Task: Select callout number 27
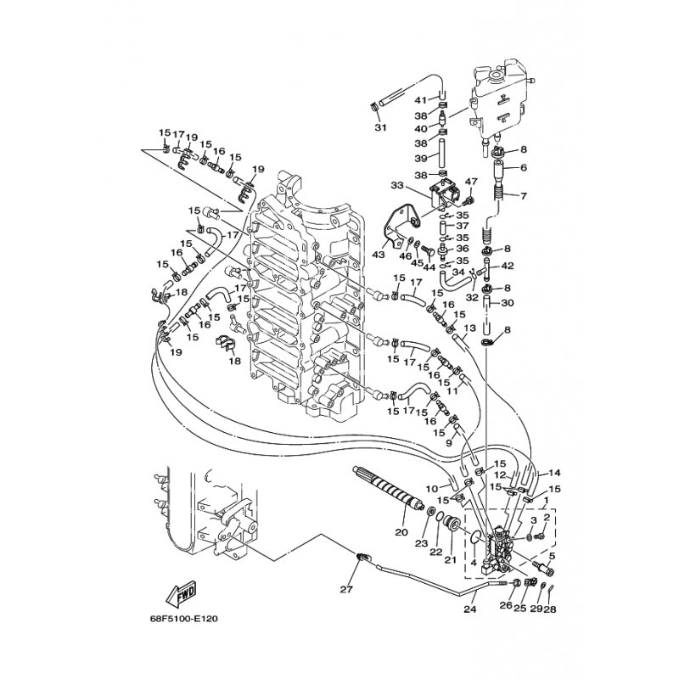[345, 588]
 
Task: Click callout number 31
[379, 127]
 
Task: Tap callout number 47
[471, 181]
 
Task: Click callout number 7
[524, 196]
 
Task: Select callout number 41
[420, 100]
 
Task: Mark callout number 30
[508, 303]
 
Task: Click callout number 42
[508, 266]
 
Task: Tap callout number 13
[469, 327]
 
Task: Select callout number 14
[556, 472]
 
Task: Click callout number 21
[451, 560]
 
